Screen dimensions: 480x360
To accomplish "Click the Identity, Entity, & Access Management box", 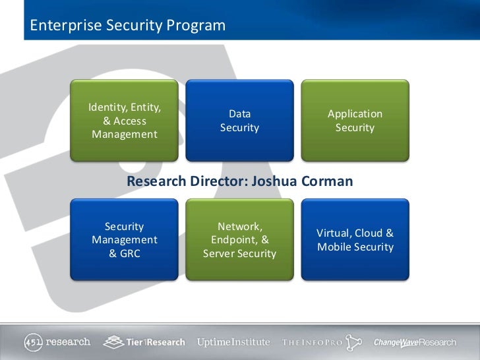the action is [125, 121].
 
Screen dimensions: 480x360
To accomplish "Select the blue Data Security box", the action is [239, 121].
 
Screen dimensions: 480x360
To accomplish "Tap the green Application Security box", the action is [355, 121].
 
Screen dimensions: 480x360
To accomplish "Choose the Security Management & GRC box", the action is [125, 240].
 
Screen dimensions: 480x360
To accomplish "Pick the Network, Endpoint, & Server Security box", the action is [239, 240].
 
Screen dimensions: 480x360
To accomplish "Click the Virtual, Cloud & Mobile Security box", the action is [355, 240].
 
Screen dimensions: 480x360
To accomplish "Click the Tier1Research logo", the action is [146, 342].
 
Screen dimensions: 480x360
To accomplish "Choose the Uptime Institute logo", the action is [233, 342].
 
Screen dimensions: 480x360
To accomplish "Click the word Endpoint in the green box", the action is [235, 240].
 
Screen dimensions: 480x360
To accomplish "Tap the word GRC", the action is [129, 253].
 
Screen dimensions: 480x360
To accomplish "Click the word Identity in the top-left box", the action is [107, 107].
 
